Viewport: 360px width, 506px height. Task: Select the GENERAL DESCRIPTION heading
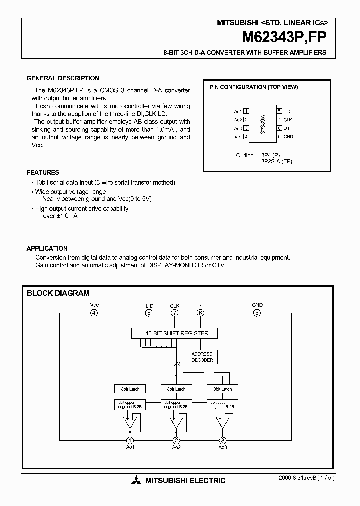coord(62,78)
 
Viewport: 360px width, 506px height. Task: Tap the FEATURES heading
coord(43,172)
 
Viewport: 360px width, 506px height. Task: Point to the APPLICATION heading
coord(47,248)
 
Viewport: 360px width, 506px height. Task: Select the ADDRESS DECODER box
coord(202,357)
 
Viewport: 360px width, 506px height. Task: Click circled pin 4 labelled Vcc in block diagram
coord(94,313)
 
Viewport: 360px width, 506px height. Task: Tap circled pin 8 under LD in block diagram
coord(149,313)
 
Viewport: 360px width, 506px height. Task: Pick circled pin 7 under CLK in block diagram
coord(174,313)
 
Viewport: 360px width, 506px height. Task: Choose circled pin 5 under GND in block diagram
coord(257,313)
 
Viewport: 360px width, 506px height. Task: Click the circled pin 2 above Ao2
coord(176,440)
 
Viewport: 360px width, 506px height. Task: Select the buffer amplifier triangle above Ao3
coord(222,423)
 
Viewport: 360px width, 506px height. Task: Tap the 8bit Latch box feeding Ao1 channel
coord(130,388)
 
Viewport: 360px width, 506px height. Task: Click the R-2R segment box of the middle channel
coord(176,404)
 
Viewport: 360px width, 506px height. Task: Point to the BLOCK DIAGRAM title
coord(58,293)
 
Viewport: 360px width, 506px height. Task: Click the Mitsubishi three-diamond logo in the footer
coord(136,481)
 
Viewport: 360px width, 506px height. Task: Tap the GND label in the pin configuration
coord(288,136)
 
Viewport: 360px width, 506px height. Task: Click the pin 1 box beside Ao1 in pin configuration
coord(246,111)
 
